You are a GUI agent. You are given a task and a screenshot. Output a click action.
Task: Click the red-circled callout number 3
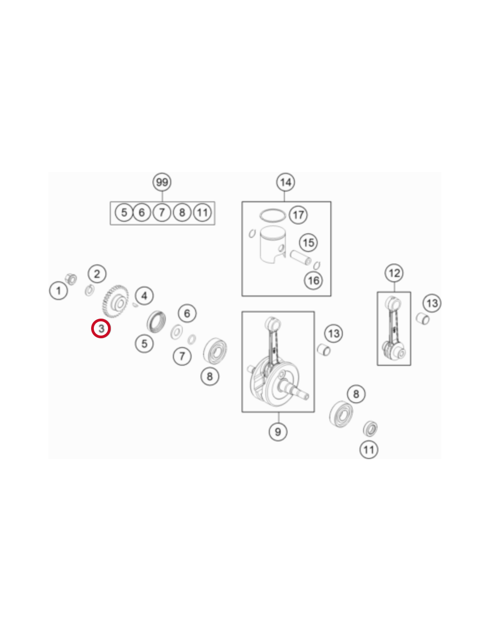[100, 328]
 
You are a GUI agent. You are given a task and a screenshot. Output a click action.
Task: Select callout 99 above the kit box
[162, 182]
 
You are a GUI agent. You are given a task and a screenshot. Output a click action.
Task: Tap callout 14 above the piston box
[285, 182]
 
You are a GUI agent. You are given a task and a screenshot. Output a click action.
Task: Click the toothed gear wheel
[115, 301]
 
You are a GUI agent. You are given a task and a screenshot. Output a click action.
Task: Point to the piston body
[272, 244]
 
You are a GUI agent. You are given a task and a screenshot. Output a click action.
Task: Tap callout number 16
[313, 280]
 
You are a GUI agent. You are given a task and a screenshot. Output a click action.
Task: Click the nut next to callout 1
[71, 279]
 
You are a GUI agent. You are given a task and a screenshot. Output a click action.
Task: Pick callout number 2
[97, 274]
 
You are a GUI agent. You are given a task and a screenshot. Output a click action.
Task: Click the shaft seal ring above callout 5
[156, 321]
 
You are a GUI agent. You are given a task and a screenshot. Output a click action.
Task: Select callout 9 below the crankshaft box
[278, 432]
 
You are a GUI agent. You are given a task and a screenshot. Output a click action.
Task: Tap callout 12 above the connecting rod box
[394, 273]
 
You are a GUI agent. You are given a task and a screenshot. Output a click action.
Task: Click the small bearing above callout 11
[370, 428]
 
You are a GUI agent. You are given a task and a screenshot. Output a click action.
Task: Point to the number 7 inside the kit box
[162, 212]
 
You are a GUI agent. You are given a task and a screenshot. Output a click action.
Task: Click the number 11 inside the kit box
[202, 212]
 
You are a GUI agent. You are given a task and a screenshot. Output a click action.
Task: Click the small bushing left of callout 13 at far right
[422, 319]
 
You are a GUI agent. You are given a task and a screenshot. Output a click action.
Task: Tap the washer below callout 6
[176, 332]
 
